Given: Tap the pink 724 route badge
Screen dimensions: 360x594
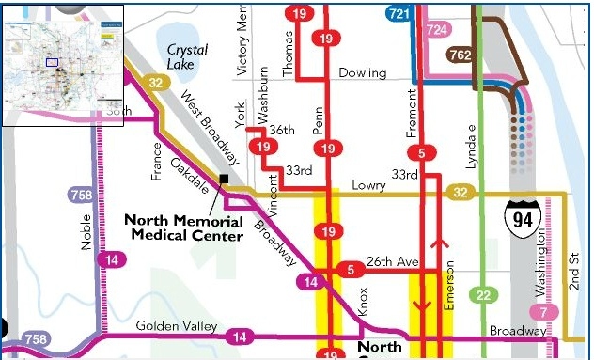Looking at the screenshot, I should point(437,30).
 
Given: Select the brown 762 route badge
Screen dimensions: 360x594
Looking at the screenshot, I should point(461,55).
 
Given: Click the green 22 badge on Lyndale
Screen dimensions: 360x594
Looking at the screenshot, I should point(483,296).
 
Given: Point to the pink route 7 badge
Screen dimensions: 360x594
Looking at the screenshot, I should point(543,312).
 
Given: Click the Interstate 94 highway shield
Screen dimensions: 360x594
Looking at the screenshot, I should point(519,216).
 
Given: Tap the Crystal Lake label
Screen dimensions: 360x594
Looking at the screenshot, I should point(187,57).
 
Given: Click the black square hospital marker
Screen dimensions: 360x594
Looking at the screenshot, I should point(224,179).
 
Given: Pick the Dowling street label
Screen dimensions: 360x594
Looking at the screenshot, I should point(362,72).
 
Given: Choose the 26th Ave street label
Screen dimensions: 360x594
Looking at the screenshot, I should point(390,261).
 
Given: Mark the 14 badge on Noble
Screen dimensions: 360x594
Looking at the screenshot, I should point(112,260).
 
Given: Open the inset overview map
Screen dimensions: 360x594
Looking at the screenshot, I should point(63,63).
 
